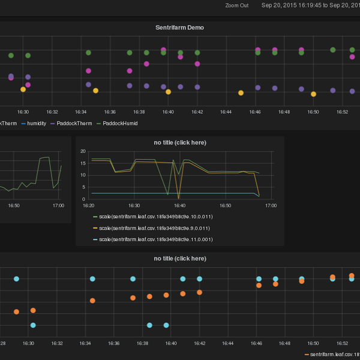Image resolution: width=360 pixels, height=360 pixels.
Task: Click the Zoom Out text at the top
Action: coord(237,5)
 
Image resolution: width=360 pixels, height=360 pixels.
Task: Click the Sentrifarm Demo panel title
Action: coord(179,28)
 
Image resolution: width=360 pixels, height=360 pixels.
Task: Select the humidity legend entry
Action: coord(37,123)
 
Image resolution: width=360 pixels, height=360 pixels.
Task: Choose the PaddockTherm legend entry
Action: coord(70,123)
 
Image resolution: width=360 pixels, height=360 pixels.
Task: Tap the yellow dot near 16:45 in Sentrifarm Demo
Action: coord(241,93)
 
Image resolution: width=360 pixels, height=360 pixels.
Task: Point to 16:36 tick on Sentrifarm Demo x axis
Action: coord(110,112)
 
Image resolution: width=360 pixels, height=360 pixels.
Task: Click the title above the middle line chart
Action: coord(179,142)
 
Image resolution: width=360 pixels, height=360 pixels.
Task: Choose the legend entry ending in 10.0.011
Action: coord(154,217)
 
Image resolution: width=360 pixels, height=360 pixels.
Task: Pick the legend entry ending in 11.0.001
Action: coord(154,239)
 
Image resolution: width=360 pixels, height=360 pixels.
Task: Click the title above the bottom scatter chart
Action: coord(179,258)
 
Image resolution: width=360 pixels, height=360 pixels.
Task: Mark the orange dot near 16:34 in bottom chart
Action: coord(92,301)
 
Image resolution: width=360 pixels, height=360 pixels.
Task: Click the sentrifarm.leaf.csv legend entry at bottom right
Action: coord(334,355)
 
